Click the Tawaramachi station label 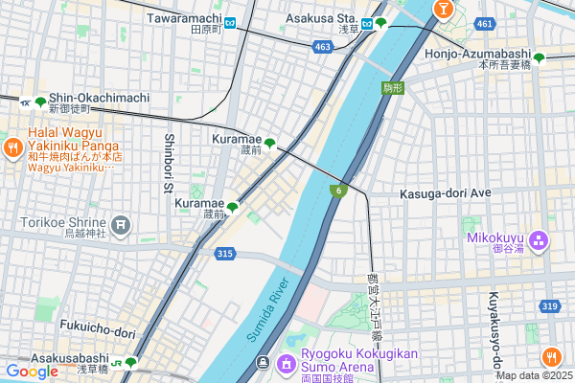click(184, 18)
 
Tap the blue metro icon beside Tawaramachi click(232, 20)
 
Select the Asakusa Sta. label click(323, 18)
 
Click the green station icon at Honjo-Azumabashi click(539, 58)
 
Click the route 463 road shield click(322, 45)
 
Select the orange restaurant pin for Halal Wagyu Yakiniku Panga click(12, 147)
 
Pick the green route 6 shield click(338, 191)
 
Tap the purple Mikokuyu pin click(538, 238)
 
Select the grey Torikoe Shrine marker click(120, 225)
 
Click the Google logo click(32, 372)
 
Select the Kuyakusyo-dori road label click(495, 330)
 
